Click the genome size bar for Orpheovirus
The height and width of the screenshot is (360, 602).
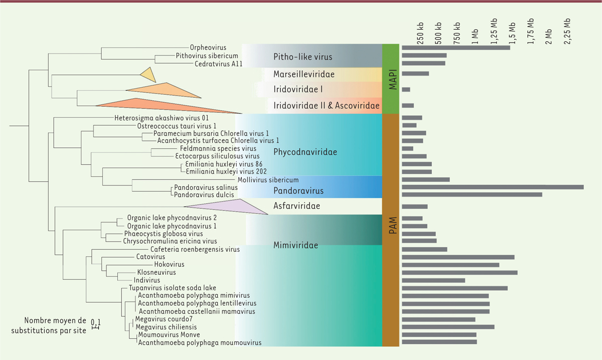point(456,48)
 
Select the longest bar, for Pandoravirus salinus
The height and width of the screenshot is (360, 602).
point(493,187)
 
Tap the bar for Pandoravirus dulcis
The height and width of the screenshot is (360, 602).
point(472,195)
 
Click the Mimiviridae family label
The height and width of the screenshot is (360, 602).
point(296,246)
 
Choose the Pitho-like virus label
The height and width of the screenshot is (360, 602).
point(303,57)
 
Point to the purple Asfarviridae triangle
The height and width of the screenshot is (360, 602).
point(231,206)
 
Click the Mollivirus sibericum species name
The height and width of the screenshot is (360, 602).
point(267,180)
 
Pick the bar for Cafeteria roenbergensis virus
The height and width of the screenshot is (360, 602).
point(424,249)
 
